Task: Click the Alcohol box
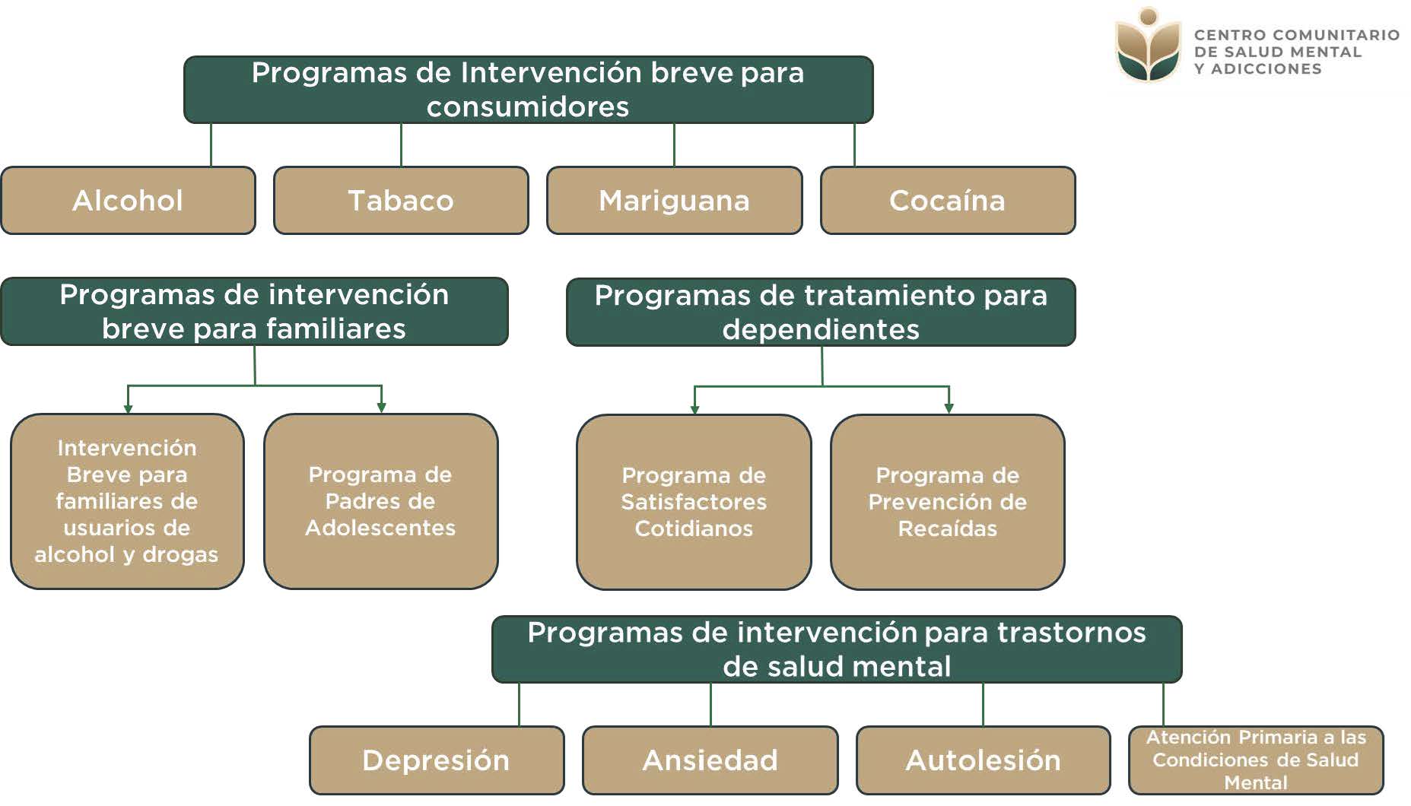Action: [x=128, y=201]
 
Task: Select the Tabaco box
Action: [x=401, y=201]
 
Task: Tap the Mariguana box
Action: [x=674, y=201]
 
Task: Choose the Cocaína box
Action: [x=947, y=201]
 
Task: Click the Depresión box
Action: [x=436, y=760]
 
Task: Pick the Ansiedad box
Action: [x=710, y=760]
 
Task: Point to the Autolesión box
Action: [x=983, y=760]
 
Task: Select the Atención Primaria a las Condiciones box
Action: [x=1255, y=760]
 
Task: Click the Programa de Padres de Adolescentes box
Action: [x=380, y=501]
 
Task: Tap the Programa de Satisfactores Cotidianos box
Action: [x=694, y=502]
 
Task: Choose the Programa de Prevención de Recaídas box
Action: [x=947, y=502]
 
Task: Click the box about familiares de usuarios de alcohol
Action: [x=127, y=501]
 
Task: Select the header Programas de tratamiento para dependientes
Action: [x=821, y=312]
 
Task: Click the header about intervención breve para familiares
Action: [x=254, y=311]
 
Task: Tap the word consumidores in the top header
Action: [x=528, y=107]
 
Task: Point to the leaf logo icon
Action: [x=1148, y=46]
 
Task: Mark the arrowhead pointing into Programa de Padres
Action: [x=381, y=408]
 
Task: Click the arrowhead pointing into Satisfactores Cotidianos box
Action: [x=694, y=409]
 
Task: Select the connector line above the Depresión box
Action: [x=519, y=704]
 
